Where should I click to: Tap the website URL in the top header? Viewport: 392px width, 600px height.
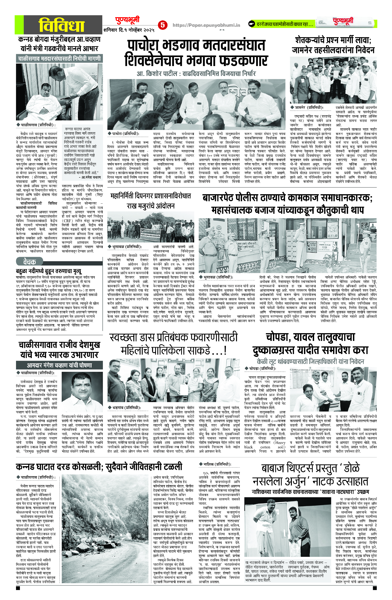point(206,25)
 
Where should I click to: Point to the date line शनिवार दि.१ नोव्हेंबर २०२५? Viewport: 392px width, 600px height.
point(129,30)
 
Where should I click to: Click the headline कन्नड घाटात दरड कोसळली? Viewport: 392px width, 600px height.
point(99,466)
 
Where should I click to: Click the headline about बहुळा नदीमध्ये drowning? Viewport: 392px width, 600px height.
point(49,271)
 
